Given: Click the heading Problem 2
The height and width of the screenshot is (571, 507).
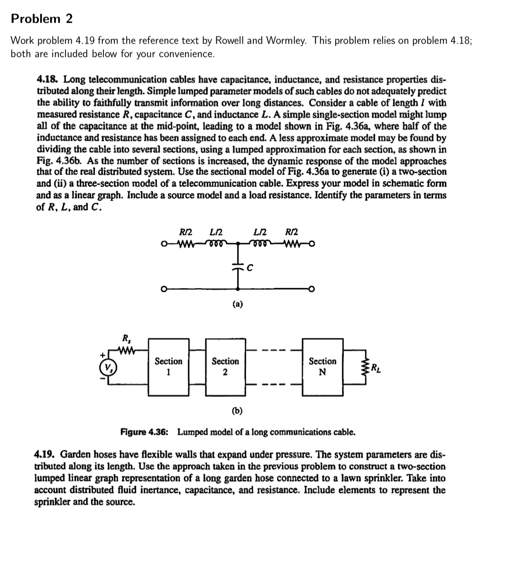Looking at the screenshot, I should coord(42,19).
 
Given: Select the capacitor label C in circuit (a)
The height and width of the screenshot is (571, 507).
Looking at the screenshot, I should coord(250,267).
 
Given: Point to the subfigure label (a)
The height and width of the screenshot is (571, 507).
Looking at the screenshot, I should coord(238,304).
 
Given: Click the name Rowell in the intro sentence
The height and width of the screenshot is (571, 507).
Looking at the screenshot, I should coord(230,41).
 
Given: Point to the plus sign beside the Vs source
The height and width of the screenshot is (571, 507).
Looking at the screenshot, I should coord(101,354).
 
